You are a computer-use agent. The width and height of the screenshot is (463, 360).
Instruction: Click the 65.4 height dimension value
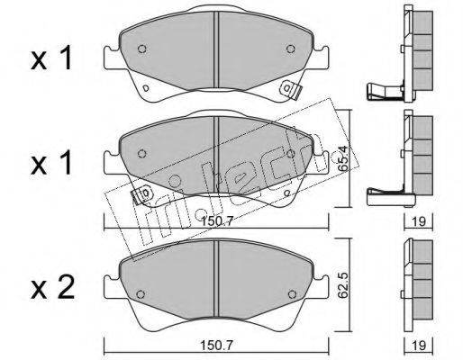click(x=343, y=158)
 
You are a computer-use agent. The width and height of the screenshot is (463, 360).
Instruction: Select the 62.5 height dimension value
click(x=343, y=285)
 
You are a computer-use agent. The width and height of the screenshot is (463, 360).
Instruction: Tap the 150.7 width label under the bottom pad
click(x=217, y=346)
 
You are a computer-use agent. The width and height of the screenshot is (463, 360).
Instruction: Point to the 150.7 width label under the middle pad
click(x=217, y=221)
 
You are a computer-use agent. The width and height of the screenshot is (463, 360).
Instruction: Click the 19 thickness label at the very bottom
click(x=419, y=346)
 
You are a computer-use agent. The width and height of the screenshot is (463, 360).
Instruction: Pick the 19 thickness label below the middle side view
click(x=419, y=221)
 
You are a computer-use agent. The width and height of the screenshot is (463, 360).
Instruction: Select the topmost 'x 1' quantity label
click(x=51, y=58)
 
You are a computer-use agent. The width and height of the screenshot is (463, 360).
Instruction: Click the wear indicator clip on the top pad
click(x=291, y=90)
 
